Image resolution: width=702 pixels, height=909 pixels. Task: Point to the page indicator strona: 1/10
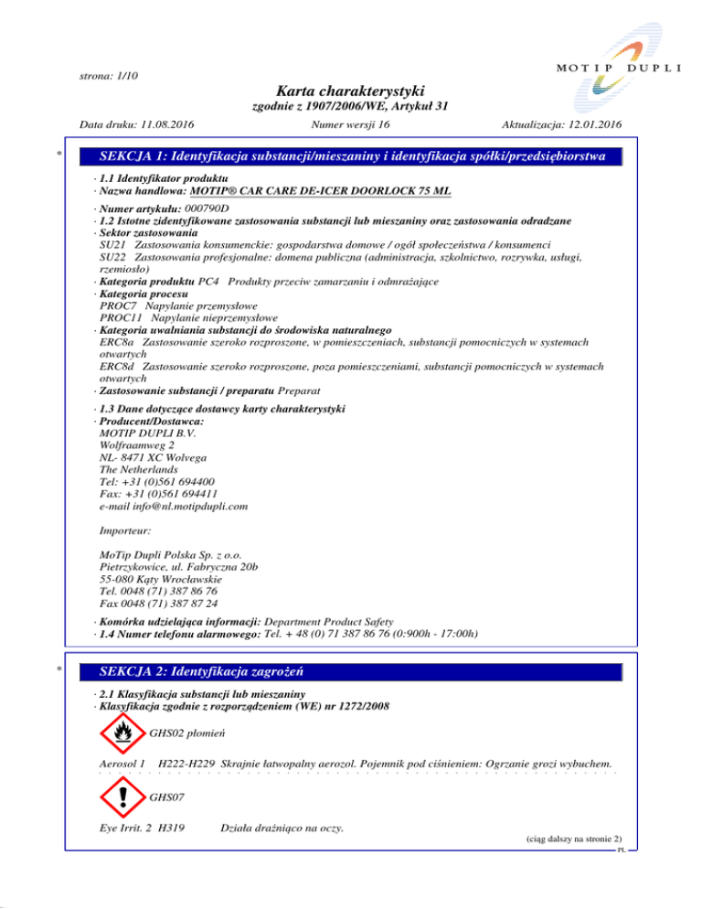[103, 75]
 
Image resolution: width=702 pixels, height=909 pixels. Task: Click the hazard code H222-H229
[190, 763]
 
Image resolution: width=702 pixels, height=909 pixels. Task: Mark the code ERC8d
[117, 366]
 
